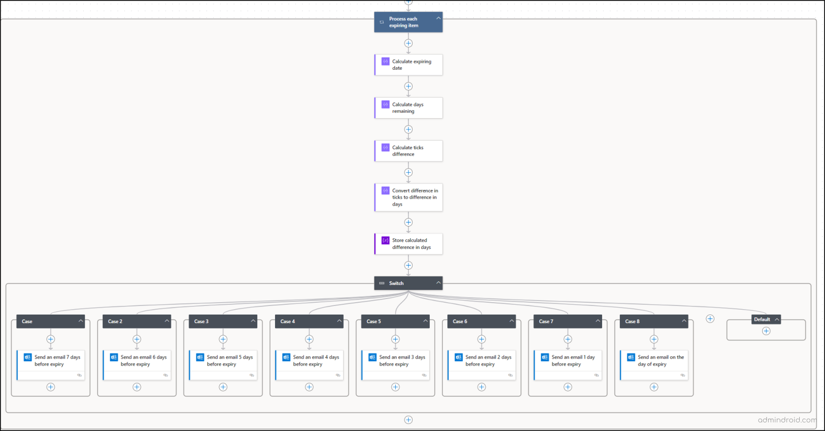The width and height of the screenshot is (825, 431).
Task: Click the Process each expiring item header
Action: point(408,22)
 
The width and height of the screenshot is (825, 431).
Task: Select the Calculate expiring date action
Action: point(408,65)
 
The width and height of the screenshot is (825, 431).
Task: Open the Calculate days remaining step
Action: point(408,108)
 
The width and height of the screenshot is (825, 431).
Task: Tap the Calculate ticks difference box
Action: point(408,151)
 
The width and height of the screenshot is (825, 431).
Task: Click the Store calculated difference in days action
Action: point(408,244)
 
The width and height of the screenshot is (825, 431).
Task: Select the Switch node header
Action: point(408,283)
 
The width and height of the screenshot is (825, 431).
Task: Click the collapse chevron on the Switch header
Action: point(438,283)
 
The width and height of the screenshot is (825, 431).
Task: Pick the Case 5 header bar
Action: point(395,322)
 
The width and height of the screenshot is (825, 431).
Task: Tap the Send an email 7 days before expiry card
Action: point(51,365)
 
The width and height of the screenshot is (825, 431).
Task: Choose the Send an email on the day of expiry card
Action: point(654,365)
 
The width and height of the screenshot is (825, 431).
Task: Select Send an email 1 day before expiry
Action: point(568,365)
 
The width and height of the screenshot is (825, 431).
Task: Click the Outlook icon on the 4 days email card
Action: point(286,357)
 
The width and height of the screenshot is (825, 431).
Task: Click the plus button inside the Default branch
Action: point(766,331)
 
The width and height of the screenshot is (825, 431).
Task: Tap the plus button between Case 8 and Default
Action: point(710,319)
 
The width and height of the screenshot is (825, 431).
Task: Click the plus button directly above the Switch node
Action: point(408,265)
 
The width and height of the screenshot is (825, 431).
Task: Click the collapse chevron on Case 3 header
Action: point(253,321)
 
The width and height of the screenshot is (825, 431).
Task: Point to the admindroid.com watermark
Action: point(787,420)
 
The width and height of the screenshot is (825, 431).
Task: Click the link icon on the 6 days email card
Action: point(166,375)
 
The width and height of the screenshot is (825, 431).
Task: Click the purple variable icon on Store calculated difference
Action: point(385,240)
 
